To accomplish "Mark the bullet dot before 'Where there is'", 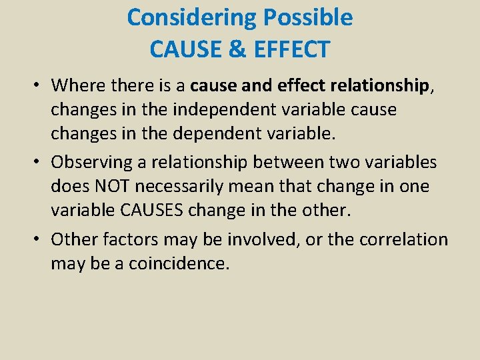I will pos(39,86).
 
